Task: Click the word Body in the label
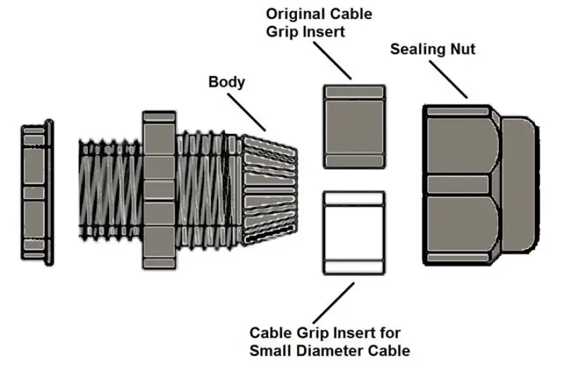(226, 82)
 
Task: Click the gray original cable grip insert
(355, 126)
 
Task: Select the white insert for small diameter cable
(354, 233)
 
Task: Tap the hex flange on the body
(159, 190)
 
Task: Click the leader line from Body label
(247, 112)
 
